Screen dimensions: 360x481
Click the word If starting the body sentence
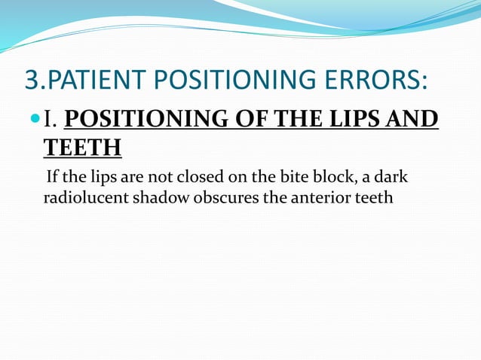(x=52, y=178)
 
